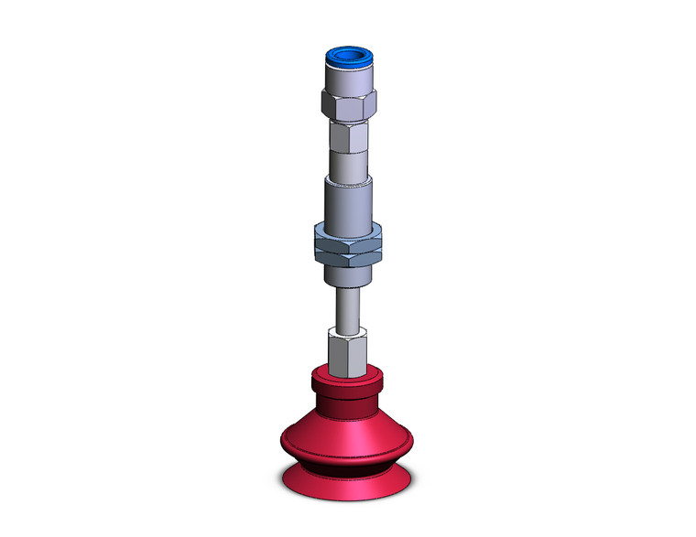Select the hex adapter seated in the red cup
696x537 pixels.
click(347, 352)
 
